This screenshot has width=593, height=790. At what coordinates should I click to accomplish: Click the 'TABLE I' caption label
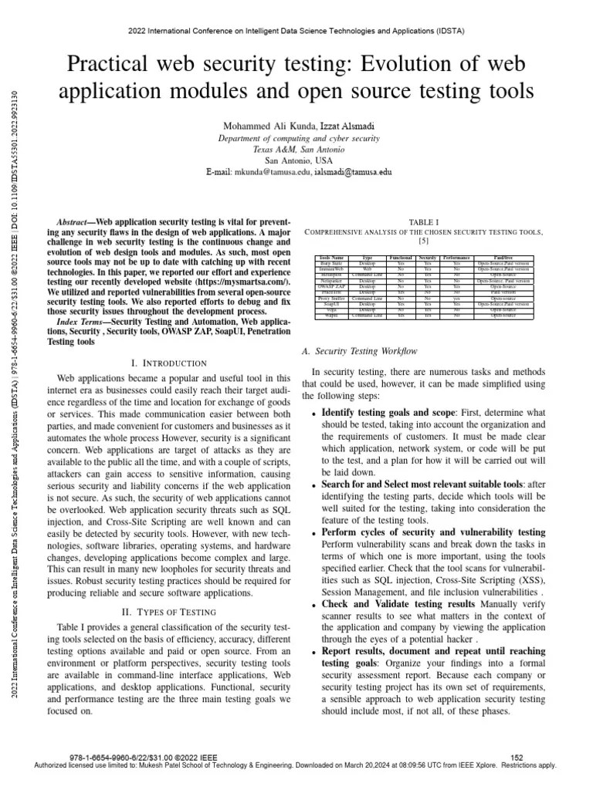click(x=423, y=221)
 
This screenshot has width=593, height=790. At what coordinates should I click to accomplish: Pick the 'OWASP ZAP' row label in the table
click(x=331, y=286)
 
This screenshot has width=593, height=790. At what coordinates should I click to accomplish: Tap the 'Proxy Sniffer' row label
click(x=331, y=298)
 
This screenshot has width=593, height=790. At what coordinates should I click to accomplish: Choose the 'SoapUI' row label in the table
click(x=331, y=304)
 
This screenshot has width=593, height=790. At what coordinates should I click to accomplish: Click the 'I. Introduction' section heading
click(x=169, y=363)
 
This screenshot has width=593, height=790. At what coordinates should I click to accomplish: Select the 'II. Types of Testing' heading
click(x=169, y=612)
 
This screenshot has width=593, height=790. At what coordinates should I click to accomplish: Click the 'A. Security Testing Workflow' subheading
click(x=359, y=351)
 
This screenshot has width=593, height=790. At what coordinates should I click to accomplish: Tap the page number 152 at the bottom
click(x=517, y=758)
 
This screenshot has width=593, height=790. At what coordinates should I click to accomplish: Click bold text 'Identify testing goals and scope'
click(x=388, y=412)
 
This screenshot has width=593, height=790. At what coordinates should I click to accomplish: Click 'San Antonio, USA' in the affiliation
click(x=296, y=160)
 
